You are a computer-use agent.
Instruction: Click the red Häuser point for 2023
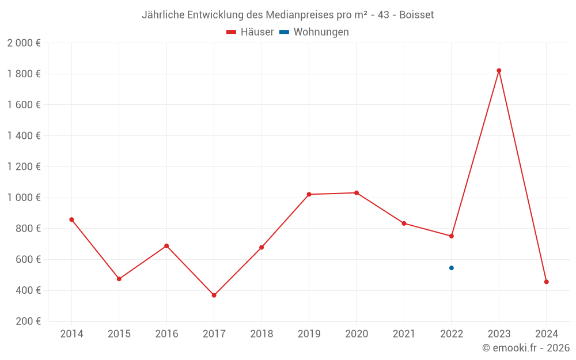[499, 71]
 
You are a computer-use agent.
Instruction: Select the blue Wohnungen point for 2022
[452, 268]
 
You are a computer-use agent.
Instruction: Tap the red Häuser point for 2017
[214, 295]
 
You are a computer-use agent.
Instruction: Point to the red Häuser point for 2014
[71, 219]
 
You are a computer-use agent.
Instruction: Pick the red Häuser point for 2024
[547, 282]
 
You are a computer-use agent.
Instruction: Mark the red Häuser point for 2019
[309, 194]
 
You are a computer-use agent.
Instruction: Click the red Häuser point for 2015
[119, 279]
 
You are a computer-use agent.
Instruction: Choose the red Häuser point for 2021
[404, 223]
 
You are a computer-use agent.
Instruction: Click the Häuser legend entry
[250, 32]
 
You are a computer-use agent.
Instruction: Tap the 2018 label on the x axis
[262, 334]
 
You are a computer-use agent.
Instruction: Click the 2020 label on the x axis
[357, 334]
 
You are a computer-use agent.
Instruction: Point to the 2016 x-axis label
[166, 334]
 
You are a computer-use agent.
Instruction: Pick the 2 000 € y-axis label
[24, 43]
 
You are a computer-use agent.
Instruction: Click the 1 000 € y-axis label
[24, 198]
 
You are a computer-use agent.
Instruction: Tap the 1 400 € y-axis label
[24, 136]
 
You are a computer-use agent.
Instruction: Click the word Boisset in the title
[416, 14]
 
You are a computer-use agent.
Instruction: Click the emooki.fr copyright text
[526, 348]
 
